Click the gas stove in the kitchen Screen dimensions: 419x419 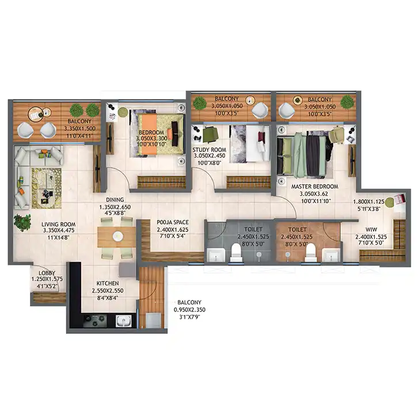click(x=95, y=321)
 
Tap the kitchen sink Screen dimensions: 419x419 click(x=124, y=321)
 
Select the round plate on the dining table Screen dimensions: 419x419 click(x=118, y=236)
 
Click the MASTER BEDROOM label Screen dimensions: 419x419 click(x=314, y=186)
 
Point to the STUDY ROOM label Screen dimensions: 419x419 click(x=209, y=150)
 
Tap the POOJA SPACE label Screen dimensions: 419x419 click(x=173, y=222)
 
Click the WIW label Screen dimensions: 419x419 click(x=371, y=229)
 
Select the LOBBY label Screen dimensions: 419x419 click(x=47, y=273)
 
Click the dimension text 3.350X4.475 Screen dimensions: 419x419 click(x=59, y=230)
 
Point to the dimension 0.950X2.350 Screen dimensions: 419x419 click(x=189, y=310)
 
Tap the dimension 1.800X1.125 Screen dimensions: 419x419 click(x=369, y=202)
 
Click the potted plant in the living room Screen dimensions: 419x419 click(x=22, y=222)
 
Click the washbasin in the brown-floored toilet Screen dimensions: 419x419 click(x=331, y=255)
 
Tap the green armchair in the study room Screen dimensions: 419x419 click(x=211, y=135)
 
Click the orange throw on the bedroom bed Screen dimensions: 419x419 click(x=150, y=134)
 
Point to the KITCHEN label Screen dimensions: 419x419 click(x=108, y=283)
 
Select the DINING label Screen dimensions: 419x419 click(x=115, y=200)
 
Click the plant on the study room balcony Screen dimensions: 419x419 click(x=199, y=103)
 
